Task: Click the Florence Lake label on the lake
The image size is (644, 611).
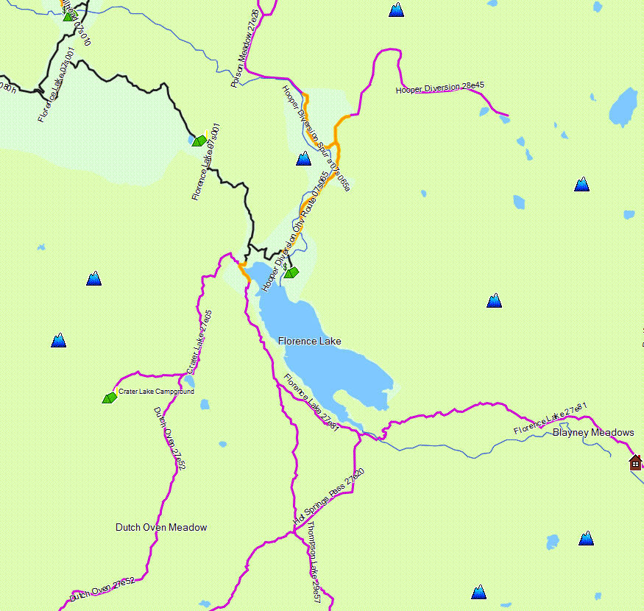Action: point(309,341)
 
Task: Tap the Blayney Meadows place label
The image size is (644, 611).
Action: point(592,432)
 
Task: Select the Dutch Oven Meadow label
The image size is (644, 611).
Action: point(161,527)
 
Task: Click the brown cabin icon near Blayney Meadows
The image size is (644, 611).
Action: point(635,462)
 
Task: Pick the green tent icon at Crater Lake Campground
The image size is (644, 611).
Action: point(109,398)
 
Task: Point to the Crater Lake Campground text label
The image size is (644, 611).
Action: point(156,392)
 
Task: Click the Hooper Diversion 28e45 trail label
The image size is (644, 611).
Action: point(439,88)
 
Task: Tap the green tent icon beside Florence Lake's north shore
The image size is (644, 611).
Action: point(291,272)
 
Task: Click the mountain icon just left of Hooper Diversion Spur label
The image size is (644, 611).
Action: point(303,158)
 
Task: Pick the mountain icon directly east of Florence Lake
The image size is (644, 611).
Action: point(494,300)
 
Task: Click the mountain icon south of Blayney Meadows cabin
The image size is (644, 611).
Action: point(586,538)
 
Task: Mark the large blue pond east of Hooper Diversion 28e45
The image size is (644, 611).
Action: point(623,108)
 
